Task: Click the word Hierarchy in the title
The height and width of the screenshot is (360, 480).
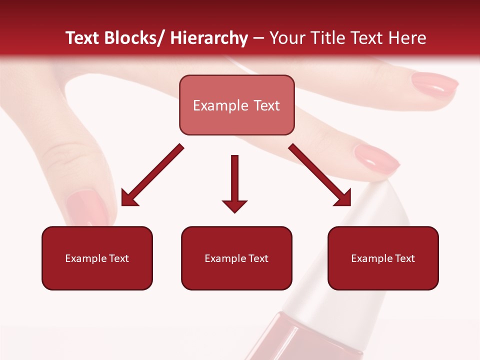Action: point(209,38)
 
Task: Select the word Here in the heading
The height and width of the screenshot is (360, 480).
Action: point(406,38)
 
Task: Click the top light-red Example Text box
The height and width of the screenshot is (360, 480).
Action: point(236,105)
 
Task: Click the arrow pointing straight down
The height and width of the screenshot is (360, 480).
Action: point(234,180)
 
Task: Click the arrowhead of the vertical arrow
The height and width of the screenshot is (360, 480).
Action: point(234,205)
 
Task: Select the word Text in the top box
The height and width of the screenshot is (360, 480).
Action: point(263,105)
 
